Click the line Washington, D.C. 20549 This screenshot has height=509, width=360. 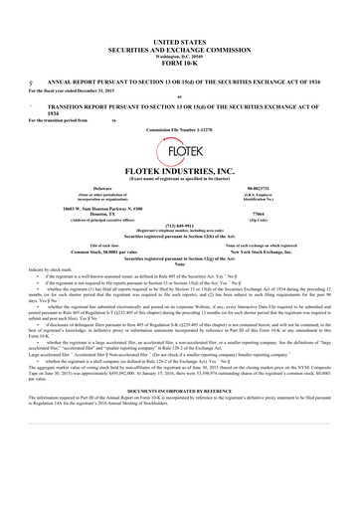[179, 44]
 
